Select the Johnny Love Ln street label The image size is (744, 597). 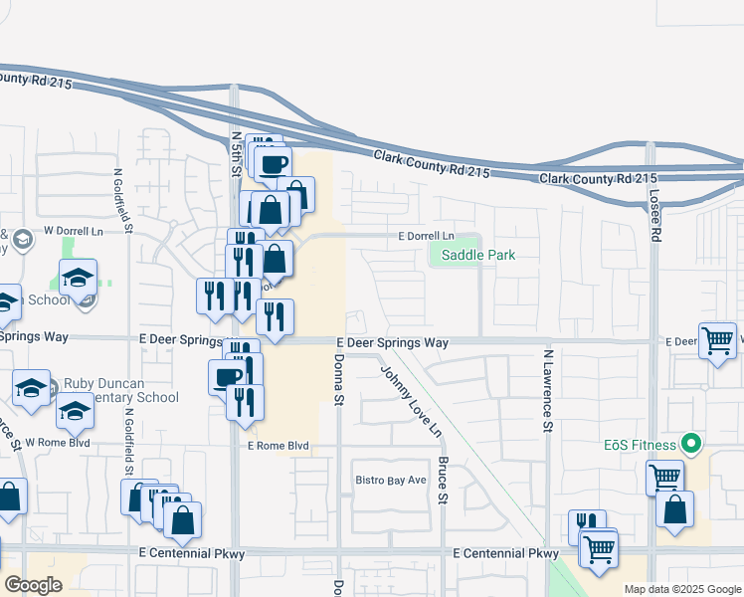pyautogui.click(x=410, y=400)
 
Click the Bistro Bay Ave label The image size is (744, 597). pyautogui.click(x=391, y=480)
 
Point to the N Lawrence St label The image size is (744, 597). pyautogui.click(x=547, y=391)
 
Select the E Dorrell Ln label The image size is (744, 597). pyautogui.click(x=426, y=237)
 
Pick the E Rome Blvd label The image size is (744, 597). pyautogui.click(x=279, y=447)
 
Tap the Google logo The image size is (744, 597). pyautogui.click(x=33, y=585)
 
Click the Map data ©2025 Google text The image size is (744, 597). pyautogui.click(x=681, y=589)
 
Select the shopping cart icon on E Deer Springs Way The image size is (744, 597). pyautogui.click(x=717, y=340)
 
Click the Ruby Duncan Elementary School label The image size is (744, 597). pyautogui.click(x=119, y=390)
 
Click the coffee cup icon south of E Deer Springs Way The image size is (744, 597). pyautogui.click(x=228, y=376)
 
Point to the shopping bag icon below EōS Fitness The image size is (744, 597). pyautogui.click(x=674, y=509)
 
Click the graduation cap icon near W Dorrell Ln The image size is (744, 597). pyautogui.click(x=78, y=279)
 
